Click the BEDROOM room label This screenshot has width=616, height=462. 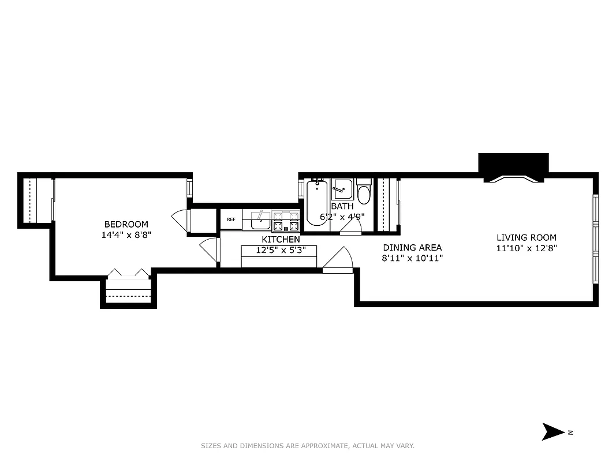pyautogui.click(x=126, y=224)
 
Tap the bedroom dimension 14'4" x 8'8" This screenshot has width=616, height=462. pyautogui.click(x=126, y=235)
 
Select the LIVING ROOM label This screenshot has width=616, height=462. pyautogui.click(x=527, y=237)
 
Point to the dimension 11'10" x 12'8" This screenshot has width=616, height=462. pyautogui.click(x=527, y=248)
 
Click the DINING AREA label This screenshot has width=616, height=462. pyautogui.click(x=412, y=247)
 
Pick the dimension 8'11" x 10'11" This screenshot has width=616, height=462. pyautogui.click(x=412, y=258)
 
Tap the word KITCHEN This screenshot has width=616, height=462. pyautogui.click(x=281, y=239)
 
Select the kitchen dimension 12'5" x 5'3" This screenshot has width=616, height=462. pyautogui.click(x=279, y=250)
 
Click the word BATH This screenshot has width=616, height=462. pyautogui.click(x=342, y=206)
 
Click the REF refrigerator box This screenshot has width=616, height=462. pyautogui.click(x=231, y=219)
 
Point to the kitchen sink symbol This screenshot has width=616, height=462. pyautogui.click(x=261, y=218)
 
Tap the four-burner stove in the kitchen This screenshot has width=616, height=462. pyautogui.click(x=286, y=219)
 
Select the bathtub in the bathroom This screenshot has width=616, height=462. pyautogui.click(x=317, y=205)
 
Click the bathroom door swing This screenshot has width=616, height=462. pyautogui.click(x=350, y=228)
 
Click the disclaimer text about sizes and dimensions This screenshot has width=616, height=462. pyautogui.click(x=308, y=446)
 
